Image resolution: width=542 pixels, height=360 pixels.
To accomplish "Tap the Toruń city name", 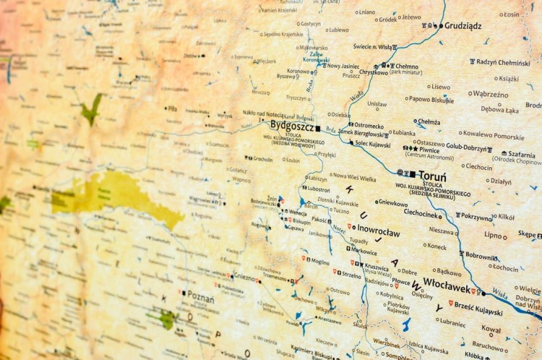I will click(432, 176).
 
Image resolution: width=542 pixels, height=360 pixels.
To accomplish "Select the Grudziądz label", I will click(463, 25).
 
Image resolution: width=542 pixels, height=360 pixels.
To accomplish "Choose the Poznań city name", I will click(200, 295).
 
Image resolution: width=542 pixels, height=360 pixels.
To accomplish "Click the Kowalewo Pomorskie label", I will click(494, 136).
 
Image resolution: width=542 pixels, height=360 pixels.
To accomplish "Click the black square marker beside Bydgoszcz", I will click(317, 129).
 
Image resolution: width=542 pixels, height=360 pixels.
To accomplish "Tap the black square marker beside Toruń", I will click(412, 174).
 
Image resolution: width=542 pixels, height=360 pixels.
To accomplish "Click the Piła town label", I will click(172, 108).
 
